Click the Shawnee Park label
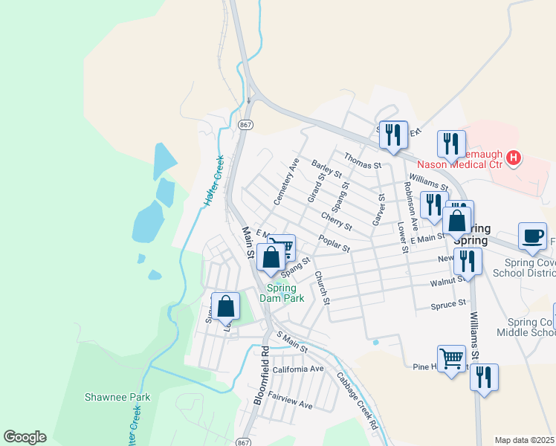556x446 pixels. pyautogui.click(x=117, y=397)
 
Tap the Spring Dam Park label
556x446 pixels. pyautogui.click(x=282, y=293)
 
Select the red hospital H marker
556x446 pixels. pyautogui.click(x=513, y=157)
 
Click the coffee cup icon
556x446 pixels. pyautogui.click(x=531, y=236)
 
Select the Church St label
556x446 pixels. pyautogui.click(x=321, y=286)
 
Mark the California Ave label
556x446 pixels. pyautogui.click(x=298, y=369)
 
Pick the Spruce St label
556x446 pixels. pyautogui.click(x=448, y=304)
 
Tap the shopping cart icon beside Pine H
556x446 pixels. pyautogui.click(x=451, y=359)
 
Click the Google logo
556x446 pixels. pyautogui.click(x=25, y=437)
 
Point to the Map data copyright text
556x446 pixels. pyautogui.click(x=524, y=440)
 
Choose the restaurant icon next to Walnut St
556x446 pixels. pyautogui.click(x=467, y=261)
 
